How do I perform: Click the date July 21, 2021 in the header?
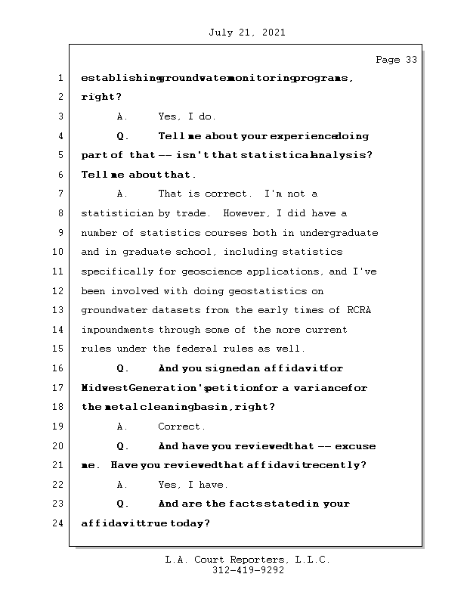point(246,33)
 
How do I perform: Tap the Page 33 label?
point(396,60)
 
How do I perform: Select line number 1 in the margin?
point(59,78)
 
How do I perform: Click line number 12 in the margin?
point(57,291)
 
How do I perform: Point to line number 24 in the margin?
point(57,523)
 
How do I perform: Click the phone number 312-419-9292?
point(248,571)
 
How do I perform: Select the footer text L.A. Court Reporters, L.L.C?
point(248,560)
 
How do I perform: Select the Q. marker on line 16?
point(122,369)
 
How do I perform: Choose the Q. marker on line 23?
point(122,504)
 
